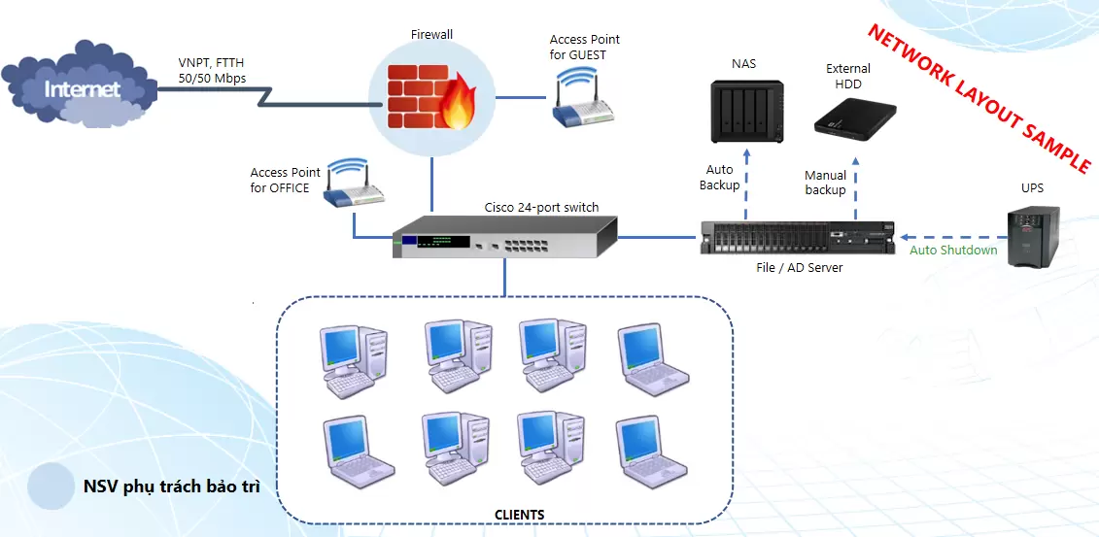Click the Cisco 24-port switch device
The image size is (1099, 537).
pos(504,236)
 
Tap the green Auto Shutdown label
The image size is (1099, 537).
pos(953,251)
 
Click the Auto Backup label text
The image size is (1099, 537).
pos(719,177)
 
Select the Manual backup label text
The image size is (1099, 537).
pos(825,183)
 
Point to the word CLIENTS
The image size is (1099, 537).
pos(520,515)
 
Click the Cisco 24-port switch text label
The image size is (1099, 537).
pos(542,207)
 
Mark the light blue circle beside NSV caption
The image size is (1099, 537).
pos(52,486)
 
